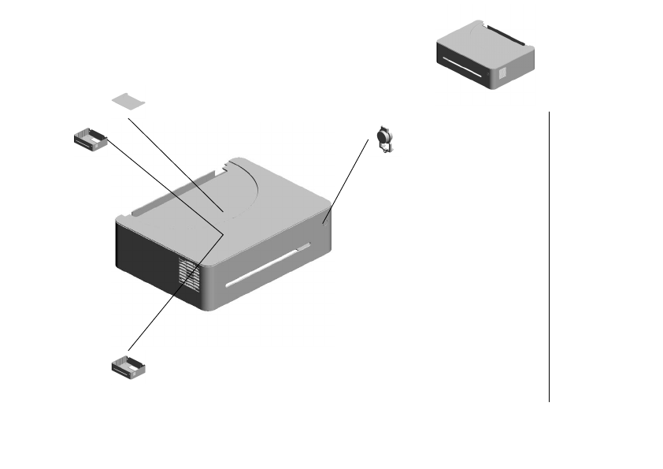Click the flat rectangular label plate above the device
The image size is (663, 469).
[129, 100]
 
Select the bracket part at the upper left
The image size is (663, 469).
[90, 140]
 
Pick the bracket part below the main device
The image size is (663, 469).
[131, 366]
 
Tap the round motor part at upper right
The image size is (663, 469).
[386, 139]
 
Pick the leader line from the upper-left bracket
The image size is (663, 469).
[165, 185]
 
